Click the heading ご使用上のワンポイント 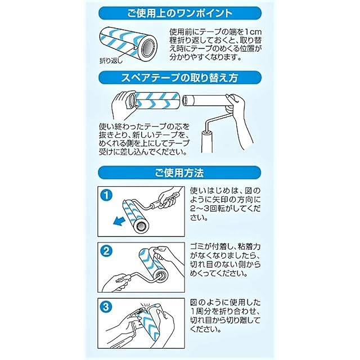pos(180,13)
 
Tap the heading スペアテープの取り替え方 pos(179,78)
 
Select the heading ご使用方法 pos(179,173)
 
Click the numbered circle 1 pos(106,195)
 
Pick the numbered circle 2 pos(106,251)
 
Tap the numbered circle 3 pos(106,307)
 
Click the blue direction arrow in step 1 pos(119,221)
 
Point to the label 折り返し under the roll pos(111,61)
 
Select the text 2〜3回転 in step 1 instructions pos(208,209)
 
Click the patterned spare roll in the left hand pos(154,101)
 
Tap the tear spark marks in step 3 pos(146,304)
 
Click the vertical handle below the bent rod pos(208,141)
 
